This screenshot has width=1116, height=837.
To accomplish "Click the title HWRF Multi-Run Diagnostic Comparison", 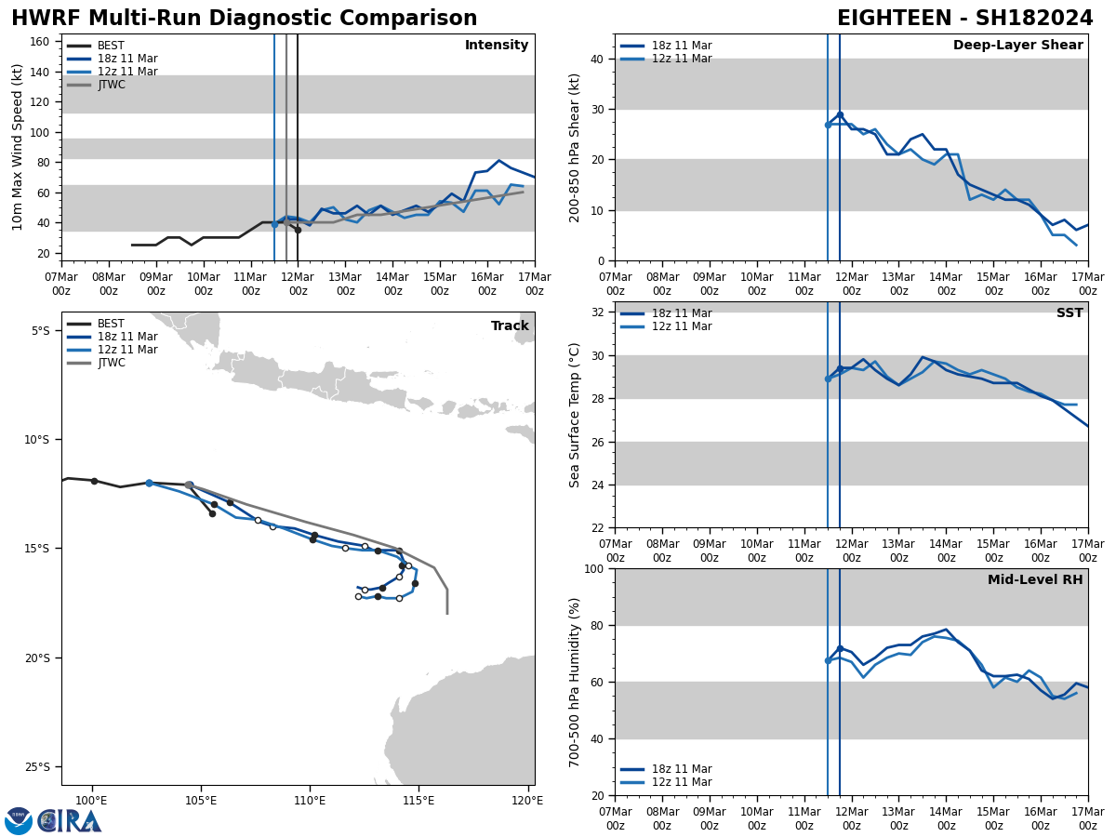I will pyautogui.click(x=244, y=19).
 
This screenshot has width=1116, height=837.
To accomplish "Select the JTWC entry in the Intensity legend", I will pyautogui.click(x=111, y=85).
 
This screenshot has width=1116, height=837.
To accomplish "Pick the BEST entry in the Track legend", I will pyautogui.click(x=111, y=324).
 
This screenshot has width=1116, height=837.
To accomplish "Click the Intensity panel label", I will pyautogui.click(x=497, y=46).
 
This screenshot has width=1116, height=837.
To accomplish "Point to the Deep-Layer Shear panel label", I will pyautogui.click(x=1017, y=46).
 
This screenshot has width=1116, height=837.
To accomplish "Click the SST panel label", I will pyautogui.click(x=1069, y=313).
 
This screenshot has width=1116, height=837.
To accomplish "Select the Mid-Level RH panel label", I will pyautogui.click(x=1035, y=580).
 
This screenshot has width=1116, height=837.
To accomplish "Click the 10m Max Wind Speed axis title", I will pyautogui.click(x=18, y=147).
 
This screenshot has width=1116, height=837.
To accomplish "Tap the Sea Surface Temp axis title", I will pyautogui.click(x=575, y=415).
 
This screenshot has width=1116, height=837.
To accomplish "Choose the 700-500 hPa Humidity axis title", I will pyautogui.click(x=575, y=682).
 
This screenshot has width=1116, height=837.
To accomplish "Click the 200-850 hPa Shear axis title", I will pyautogui.click(x=575, y=147).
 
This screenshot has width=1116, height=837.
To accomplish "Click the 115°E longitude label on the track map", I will pyautogui.click(x=418, y=801).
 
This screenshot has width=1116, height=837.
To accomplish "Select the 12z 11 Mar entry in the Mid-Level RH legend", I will pyautogui.click(x=682, y=782).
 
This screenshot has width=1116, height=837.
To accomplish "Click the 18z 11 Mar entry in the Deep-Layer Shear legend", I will pyautogui.click(x=682, y=46).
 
